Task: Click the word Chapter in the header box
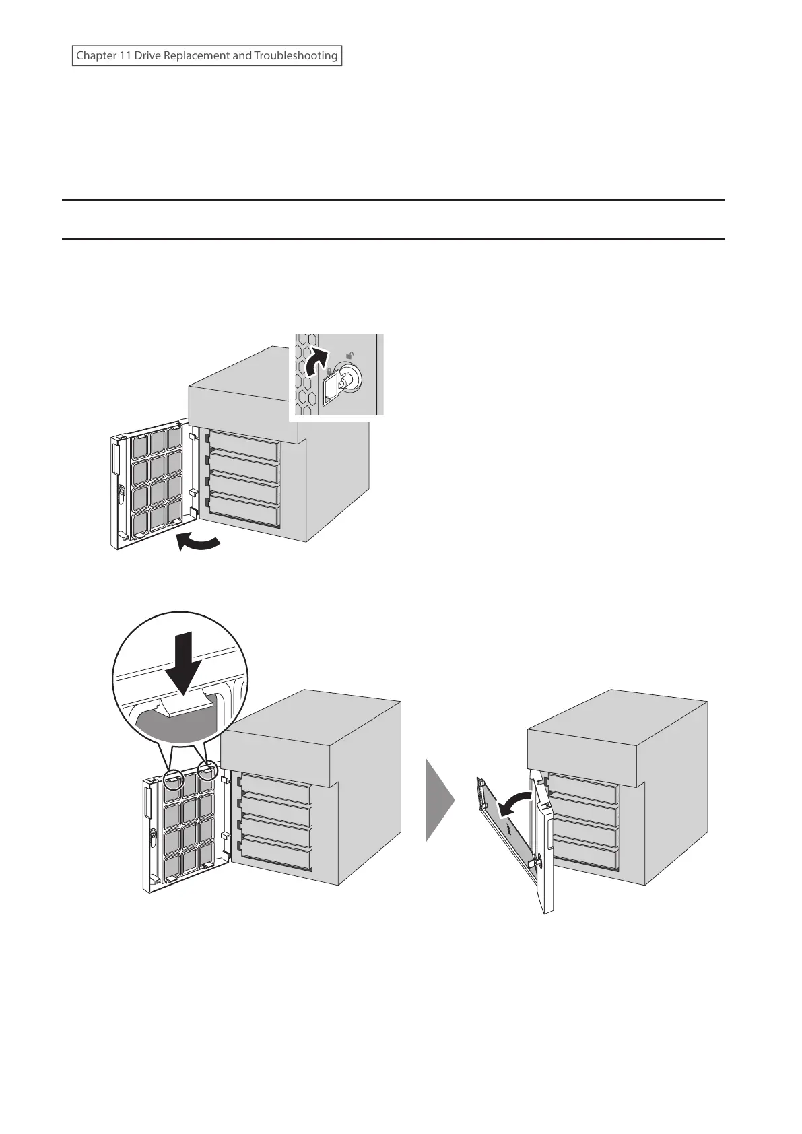(94, 56)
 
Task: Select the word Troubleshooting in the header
(296, 56)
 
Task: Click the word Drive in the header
(147, 56)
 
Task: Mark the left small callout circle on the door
(173, 777)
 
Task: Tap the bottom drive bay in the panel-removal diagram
(583, 857)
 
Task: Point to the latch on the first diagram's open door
(120, 496)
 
